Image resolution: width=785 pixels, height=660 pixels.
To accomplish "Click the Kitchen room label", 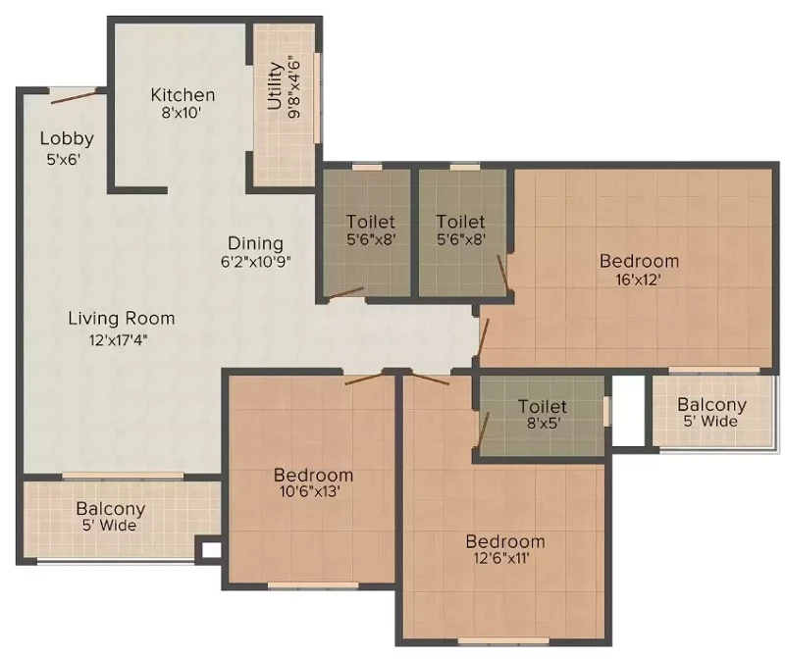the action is click(x=183, y=94).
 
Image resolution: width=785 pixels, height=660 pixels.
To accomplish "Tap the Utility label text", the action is click(x=275, y=85).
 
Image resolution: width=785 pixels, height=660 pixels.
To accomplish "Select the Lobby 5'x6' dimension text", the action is click(x=64, y=160).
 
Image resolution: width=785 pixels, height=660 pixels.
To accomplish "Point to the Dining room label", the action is click(x=255, y=243).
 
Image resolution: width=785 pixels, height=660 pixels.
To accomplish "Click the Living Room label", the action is click(x=122, y=319).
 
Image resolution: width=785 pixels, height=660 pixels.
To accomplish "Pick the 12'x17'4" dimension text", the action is click(x=119, y=340).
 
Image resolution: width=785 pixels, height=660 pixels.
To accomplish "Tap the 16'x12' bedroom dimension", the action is click(x=639, y=279).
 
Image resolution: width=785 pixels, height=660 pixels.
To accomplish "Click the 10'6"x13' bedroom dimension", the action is click(x=311, y=491).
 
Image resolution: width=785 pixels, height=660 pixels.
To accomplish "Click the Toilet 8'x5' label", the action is click(x=543, y=414).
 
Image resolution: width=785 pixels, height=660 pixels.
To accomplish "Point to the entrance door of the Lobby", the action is click(x=73, y=96).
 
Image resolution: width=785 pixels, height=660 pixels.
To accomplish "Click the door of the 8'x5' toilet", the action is click(x=483, y=429).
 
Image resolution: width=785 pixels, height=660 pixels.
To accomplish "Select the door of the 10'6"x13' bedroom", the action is click(x=364, y=379).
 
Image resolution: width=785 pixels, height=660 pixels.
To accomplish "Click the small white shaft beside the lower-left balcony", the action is click(x=211, y=550).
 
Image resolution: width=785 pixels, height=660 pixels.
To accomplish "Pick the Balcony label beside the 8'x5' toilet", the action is click(x=711, y=404).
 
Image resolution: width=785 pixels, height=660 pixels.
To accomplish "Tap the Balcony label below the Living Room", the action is click(x=111, y=509).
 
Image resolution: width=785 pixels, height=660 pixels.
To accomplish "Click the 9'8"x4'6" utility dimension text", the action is click(x=294, y=89).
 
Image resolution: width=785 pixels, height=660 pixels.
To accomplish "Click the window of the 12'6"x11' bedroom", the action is click(x=504, y=640).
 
